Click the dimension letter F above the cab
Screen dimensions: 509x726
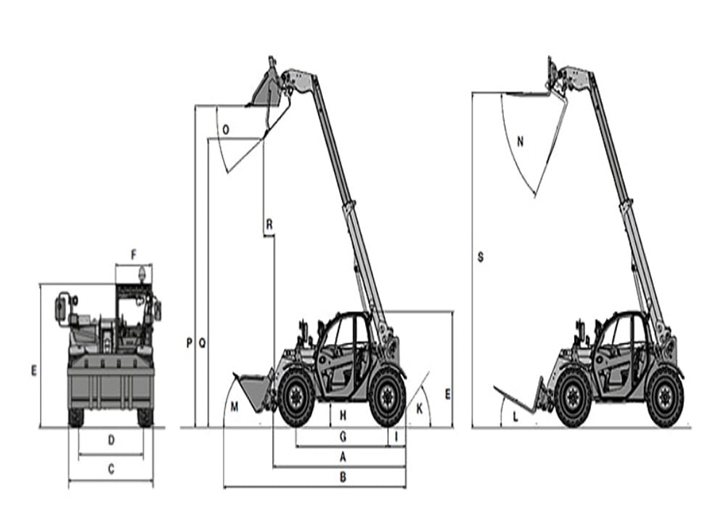[134, 254]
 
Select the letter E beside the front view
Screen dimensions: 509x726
[33, 370]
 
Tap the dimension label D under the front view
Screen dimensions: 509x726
[111, 440]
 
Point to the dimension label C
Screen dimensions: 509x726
[111, 470]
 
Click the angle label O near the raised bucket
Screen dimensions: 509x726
[226, 130]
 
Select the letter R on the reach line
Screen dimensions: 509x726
[269, 225]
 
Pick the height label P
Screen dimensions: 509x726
[189, 342]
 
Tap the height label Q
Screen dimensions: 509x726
[203, 342]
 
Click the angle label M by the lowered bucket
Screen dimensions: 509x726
[234, 406]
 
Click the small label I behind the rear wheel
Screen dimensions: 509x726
[396, 436]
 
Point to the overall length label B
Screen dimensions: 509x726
[343, 477]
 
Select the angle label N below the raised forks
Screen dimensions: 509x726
[520, 142]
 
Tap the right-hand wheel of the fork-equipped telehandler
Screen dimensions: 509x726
[664, 398]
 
